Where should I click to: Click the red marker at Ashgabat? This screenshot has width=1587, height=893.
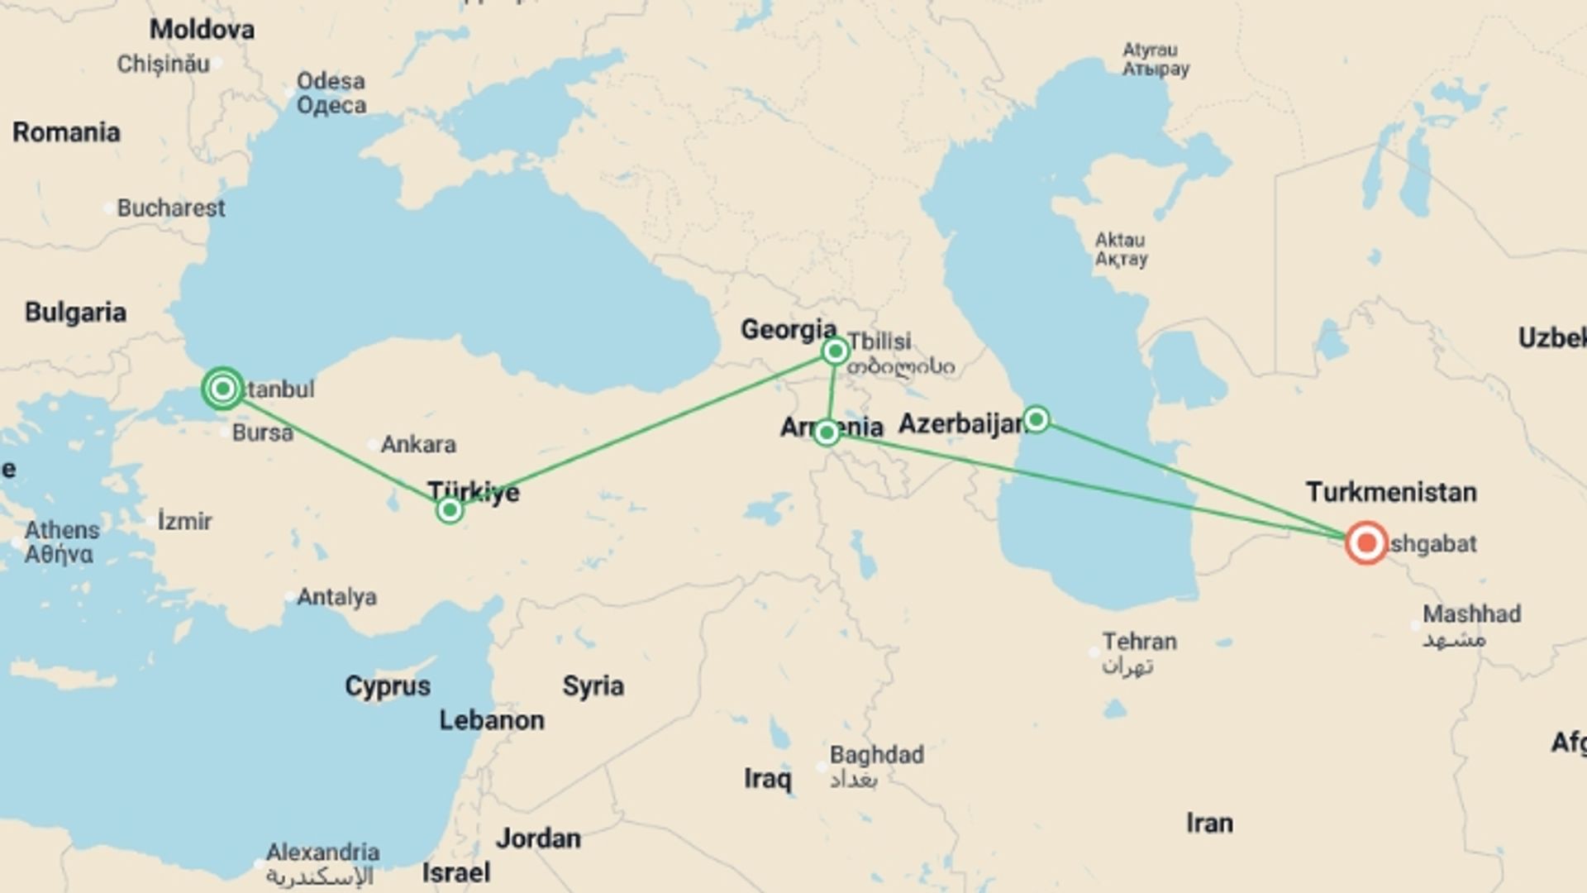point(1366,543)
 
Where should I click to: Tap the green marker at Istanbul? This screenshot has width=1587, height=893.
point(222,389)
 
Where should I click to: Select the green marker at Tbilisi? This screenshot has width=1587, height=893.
point(835,351)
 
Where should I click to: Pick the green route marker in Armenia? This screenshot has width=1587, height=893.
point(827,432)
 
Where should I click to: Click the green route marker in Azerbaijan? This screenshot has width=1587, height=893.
point(1036,419)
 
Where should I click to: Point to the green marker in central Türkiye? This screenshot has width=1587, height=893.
point(450,509)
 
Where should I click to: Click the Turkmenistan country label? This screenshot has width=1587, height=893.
point(1391,492)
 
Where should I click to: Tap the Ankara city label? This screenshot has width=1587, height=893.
point(417,445)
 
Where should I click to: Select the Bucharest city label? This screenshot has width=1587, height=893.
point(170,208)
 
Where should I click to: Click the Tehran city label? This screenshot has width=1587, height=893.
point(1139,642)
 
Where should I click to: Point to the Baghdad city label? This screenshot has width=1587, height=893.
point(876,755)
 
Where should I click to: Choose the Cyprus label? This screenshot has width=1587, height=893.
point(388,686)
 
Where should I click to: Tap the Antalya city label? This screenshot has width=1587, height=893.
point(336,597)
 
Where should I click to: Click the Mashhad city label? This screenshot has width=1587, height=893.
point(1471,614)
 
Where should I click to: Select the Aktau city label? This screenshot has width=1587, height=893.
point(1120,241)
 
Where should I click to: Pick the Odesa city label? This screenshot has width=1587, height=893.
point(331,82)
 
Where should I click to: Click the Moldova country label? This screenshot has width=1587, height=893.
point(202,30)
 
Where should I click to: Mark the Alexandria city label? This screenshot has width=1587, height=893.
point(322,852)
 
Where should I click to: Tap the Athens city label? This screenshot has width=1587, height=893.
point(62,530)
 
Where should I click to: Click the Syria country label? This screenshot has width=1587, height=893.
point(593,686)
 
